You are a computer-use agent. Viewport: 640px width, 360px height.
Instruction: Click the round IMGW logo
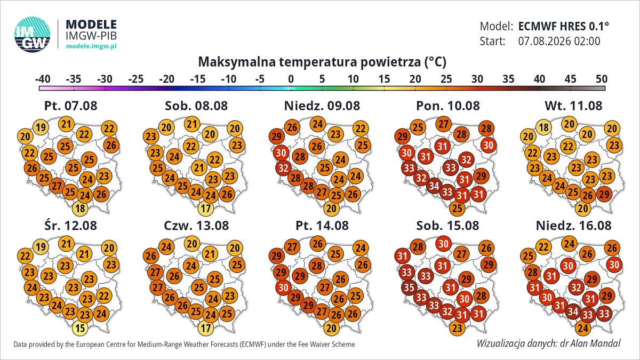(33, 35)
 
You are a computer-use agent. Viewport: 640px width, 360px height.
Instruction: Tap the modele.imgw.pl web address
(91, 46)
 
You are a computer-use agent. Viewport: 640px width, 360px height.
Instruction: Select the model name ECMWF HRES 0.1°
(563, 26)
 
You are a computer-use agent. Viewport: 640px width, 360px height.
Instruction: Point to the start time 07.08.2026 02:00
(559, 41)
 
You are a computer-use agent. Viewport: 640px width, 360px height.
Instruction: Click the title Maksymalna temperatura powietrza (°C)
(322, 62)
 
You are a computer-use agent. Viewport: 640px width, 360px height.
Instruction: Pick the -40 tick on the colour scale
(43, 79)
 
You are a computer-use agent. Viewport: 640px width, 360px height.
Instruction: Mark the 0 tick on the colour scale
(291, 79)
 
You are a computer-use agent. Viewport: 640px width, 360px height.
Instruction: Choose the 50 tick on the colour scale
(602, 79)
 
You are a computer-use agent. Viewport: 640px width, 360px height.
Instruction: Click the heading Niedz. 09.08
(322, 106)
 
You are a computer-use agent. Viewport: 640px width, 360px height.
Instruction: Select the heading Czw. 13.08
(196, 226)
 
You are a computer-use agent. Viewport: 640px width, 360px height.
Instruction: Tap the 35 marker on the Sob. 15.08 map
(409, 287)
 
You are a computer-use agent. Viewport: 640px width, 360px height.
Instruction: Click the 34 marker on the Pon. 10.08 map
(434, 186)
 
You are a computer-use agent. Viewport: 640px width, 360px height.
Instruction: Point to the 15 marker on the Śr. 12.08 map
(81, 328)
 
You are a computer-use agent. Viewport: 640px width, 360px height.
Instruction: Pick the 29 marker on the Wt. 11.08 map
(604, 194)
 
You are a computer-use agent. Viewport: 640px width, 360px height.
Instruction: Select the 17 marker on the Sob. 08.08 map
(206, 209)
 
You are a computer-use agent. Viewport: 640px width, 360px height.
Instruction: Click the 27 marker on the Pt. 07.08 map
(57, 186)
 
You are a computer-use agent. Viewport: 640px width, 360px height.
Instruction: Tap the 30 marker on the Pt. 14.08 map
(283, 287)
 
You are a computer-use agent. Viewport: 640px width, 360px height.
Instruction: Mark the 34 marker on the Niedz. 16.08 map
(573, 311)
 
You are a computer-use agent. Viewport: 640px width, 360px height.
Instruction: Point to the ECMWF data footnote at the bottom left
(184, 345)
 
